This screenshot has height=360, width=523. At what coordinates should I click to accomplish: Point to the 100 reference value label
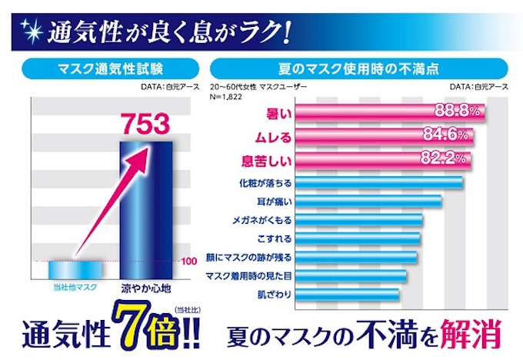click(x=189, y=261)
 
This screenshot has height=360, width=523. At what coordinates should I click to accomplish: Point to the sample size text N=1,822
click(x=228, y=95)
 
